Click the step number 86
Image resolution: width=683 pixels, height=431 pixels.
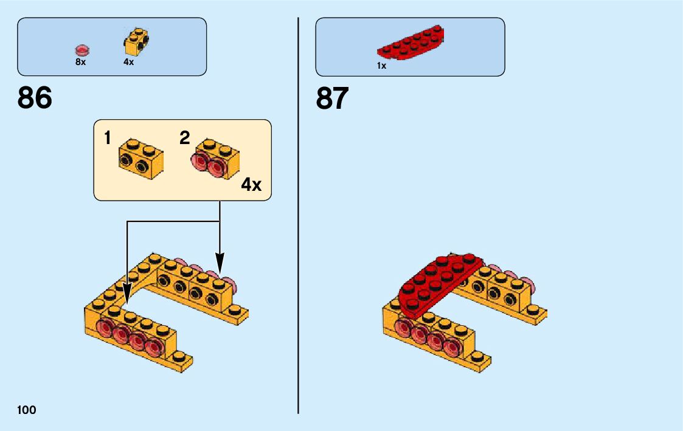click(35, 98)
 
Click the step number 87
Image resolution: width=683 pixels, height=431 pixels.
click(333, 98)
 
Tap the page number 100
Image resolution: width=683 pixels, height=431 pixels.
click(27, 410)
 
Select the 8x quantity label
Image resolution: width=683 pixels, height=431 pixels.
click(81, 62)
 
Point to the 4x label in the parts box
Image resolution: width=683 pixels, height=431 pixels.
click(128, 62)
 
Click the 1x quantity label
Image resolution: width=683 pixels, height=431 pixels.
click(381, 66)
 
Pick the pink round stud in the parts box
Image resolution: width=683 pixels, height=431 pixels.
click(81, 50)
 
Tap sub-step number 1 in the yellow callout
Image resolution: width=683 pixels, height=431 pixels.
click(108, 138)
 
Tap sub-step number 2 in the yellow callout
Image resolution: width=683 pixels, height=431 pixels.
click(185, 138)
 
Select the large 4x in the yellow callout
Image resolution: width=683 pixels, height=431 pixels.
click(251, 185)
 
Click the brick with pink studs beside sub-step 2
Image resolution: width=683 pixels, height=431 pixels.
click(217, 158)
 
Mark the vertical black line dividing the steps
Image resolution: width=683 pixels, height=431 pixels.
click(299, 213)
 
